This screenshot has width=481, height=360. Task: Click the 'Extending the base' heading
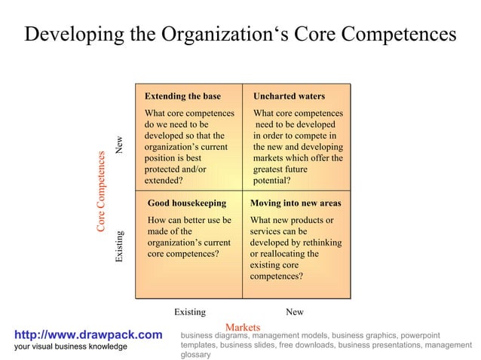[x=182, y=96]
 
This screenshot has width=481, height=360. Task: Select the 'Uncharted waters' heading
[x=289, y=96]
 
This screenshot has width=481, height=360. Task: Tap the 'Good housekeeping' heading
[x=186, y=203]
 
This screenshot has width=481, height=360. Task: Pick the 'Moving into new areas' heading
[x=295, y=203]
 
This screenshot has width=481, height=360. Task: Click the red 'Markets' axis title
[x=243, y=328]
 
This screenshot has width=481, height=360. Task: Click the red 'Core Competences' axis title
[x=101, y=191]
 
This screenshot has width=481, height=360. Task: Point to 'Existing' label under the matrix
[x=189, y=312]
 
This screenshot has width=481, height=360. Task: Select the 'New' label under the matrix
[x=295, y=312]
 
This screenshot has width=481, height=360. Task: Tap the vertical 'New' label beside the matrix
[x=119, y=145]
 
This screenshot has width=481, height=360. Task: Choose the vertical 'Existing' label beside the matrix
[x=119, y=246]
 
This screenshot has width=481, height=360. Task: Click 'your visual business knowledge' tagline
[x=71, y=346]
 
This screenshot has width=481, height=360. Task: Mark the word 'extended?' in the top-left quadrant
[x=163, y=181]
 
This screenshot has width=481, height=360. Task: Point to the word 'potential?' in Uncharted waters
[x=272, y=181]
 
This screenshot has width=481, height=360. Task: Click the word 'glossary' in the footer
[x=196, y=354]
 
